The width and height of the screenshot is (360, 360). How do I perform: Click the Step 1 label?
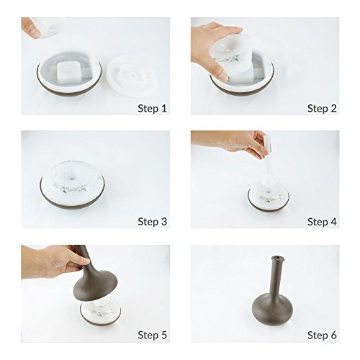click(152, 109)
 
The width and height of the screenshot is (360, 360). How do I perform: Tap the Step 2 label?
click(322, 109)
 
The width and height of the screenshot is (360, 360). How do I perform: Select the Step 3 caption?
click(152, 222)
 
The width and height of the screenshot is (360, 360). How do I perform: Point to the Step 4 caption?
click(322, 222)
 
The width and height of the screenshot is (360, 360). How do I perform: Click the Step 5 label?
click(152, 335)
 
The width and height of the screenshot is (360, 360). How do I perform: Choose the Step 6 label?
click(322, 335)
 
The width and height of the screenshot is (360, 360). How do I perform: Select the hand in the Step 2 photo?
click(213, 49)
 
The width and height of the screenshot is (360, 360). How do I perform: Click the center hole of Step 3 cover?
click(72, 179)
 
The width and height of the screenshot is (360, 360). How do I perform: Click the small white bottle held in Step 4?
click(268, 143)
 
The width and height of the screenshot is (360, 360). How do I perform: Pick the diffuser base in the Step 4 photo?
click(269, 197)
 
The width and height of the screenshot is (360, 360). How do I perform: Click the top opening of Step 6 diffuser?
click(278, 258)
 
